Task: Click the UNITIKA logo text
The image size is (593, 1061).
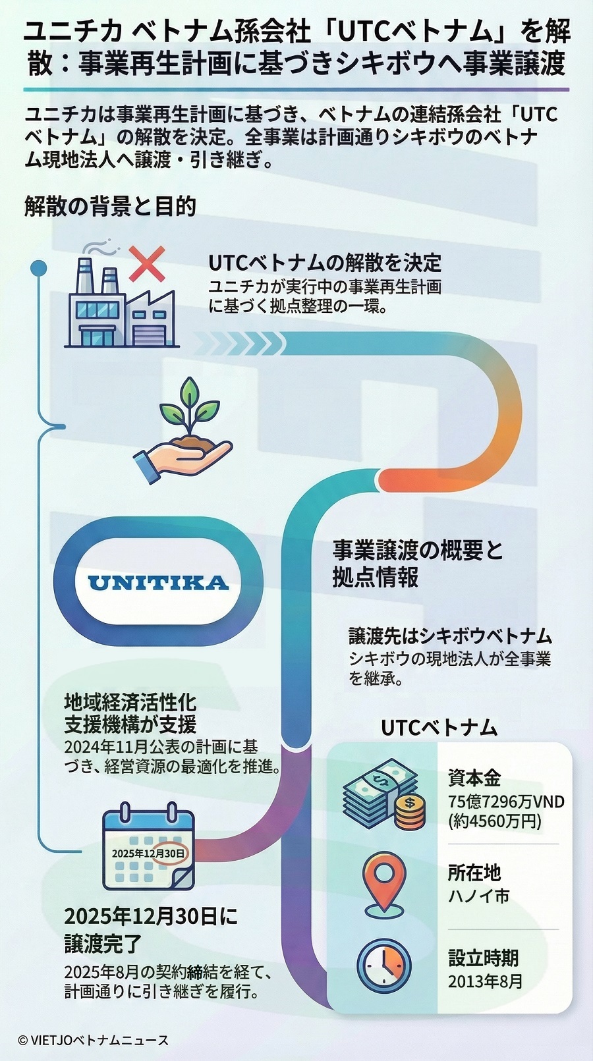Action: (158, 583)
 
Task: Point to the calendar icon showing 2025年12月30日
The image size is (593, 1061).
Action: (148, 850)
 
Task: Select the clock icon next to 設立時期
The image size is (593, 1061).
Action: (383, 967)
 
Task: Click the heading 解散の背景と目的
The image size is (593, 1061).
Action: (111, 207)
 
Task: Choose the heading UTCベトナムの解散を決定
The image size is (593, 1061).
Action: (325, 263)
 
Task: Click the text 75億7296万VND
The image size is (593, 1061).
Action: (506, 802)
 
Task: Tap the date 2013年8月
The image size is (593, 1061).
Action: (485, 981)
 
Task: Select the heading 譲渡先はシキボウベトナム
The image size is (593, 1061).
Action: (450, 636)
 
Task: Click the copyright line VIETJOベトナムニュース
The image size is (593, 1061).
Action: (94, 1041)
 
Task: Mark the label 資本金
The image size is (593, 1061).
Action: (474, 778)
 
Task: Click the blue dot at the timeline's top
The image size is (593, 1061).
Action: (39, 267)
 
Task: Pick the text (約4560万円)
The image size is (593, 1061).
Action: (494, 821)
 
